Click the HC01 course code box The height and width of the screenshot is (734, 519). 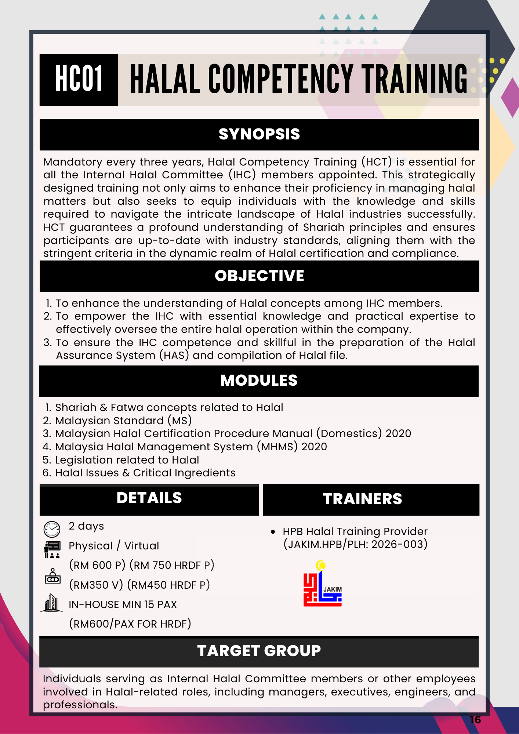pos(79,80)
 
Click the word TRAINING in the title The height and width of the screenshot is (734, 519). pos(415,79)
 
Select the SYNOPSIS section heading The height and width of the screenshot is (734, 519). pos(259,134)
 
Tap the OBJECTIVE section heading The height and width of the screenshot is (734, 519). pos(259,276)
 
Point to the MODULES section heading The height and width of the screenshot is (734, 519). pos(259,381)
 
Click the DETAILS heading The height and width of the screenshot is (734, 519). pos(149,498)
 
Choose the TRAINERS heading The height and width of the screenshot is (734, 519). pos(362,499)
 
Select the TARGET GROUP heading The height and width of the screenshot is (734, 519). pos(259,651)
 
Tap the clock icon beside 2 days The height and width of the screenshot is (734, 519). pos(52,529)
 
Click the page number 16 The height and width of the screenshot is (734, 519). pos(475,720)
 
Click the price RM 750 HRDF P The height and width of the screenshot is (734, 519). pos(172,565)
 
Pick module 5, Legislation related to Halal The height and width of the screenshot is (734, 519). pos(127,460)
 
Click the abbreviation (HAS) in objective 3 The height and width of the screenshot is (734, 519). pos(174,355)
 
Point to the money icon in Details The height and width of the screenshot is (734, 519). pos(52,576)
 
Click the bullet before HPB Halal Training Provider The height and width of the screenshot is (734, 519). pos(273,532)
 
